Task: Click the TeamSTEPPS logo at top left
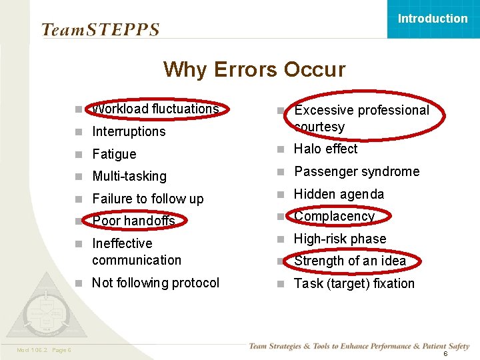(101, 30)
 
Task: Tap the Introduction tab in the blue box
(433, 19)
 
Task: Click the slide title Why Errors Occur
(254, 69)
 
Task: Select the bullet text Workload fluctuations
(155, 109)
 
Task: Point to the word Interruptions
(129, 131)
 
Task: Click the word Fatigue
(114, 154)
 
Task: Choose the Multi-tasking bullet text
(129, 176)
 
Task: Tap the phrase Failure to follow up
(148, 199)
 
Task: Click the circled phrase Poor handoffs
(133, 221)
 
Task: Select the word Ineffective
(122, 243)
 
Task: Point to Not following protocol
(155, 283)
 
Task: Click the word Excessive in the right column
(324, 110)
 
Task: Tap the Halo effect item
(326, 149)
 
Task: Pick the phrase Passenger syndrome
(357, 171)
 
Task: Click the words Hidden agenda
(339, 194)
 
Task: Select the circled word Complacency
(335, 216)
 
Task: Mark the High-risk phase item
(340, 239)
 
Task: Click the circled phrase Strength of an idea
(350, 261)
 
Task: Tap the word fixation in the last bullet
(391, 283)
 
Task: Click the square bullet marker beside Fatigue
(78, 155)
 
